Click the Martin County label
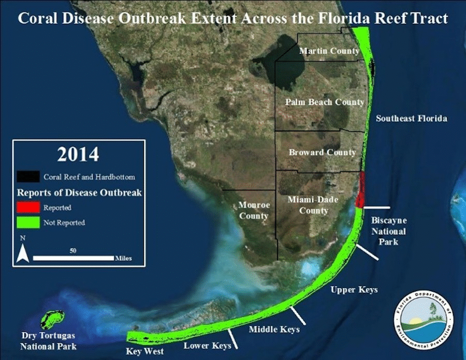[x=329, y=51]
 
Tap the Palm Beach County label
[x=325, y=102]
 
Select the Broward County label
[x=322, y=153]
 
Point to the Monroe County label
[x=254, y=211]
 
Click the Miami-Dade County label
[x=313, y=205]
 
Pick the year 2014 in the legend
[x=78, y=154]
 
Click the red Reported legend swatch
[x=28, y=207]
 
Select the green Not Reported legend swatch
[x=28, y=222]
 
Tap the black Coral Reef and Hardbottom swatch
[x=28, y=176]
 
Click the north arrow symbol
[x=23, y=253]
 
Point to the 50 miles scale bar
[x=73, y=258]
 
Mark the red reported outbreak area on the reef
[x=360, y=189]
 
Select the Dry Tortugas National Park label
[x=48, y=341]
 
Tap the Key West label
[x=145, y=351]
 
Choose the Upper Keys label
[x=354, y=290]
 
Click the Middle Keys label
[x=274, y=329]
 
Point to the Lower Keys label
[x=208, y=346]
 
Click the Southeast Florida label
[x=411, y=118]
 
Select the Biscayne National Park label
[x=389, y=231]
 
